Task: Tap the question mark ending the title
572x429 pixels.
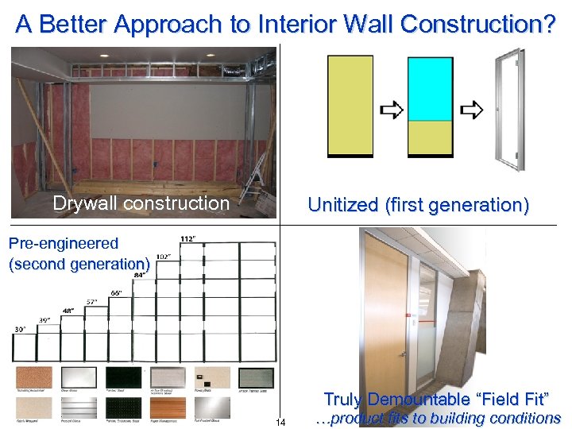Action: coord(547,24)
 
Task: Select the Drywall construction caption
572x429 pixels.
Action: coord(141,203)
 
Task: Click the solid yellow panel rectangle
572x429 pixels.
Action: coord(350,106)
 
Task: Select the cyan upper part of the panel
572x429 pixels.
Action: coord(430,88)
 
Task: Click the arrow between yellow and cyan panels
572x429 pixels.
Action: coord(390,110)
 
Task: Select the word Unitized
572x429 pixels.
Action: coord(343,205)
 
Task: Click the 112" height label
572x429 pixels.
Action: coord(188,239)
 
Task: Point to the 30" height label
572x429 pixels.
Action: coord(19,329)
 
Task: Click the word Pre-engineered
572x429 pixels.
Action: coord(64,244)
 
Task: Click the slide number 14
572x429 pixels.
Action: coord(280,421)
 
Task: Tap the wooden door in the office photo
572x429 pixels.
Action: coord(386,318)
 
